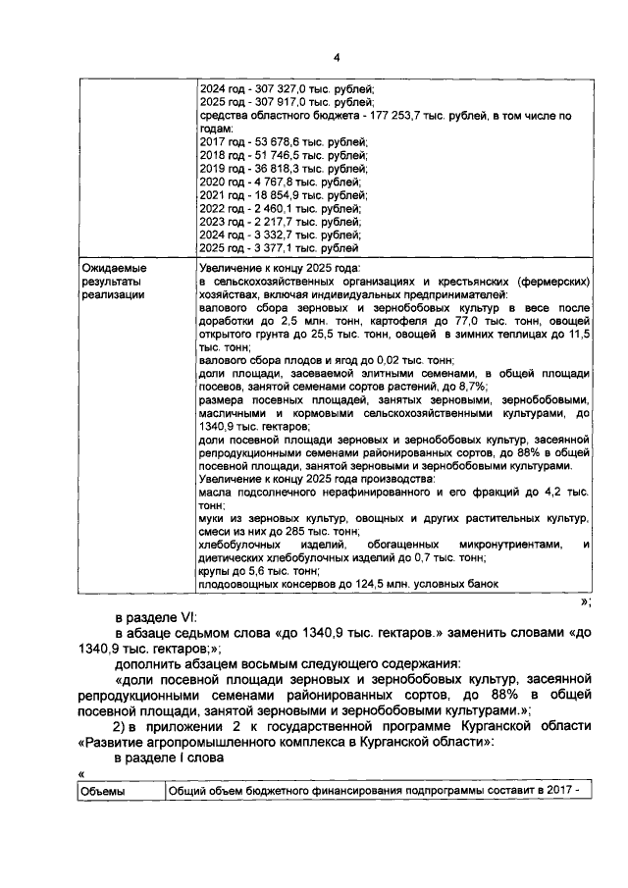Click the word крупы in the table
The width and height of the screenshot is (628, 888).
(x=214, y=570)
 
